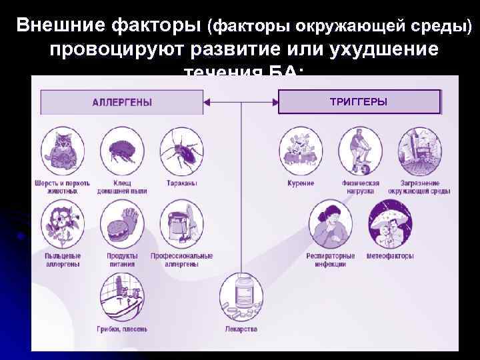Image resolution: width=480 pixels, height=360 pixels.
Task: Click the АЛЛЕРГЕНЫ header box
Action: pyautogui.click(x=122, y=102)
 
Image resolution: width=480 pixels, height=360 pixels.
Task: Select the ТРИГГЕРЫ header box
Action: pyautogui.click(x=359, y=102)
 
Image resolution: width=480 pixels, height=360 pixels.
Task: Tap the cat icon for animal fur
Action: pyautogui.click(x=62, y=150)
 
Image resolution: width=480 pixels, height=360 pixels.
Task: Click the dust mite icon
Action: pyautogui.click(x=122, y=150)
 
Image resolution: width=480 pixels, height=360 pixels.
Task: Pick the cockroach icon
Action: pyautogui.click(x=181, y=150)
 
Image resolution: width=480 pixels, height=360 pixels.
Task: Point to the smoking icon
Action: pyautogui.click(x=301, y=150)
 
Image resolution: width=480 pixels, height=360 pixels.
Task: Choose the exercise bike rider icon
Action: pyautogui.click(x=360, y=150)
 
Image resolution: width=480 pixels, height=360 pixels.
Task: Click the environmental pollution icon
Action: pyautogui.click(x=419, y=150)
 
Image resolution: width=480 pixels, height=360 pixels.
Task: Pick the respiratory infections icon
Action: pyautogui.click(x=330, y=223)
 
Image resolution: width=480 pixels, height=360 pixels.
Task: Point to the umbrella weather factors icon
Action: pyautogui.click(x=390, y=223)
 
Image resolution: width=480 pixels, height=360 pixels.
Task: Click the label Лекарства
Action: pyautogui.click(x=241, y=329)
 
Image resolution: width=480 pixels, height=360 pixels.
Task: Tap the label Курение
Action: pyautogui.click(x=301, y=183)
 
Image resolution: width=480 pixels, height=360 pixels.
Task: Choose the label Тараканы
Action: pyautogui.click(x=181, y=183)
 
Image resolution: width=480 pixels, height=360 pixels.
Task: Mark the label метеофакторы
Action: pyautogui.click(x=390, y=256)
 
